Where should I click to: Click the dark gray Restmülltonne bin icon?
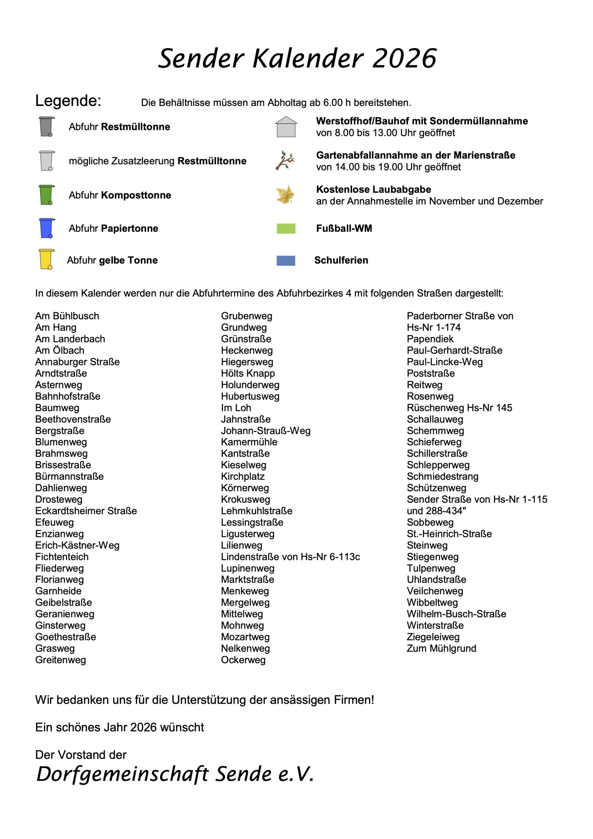click(47, 127)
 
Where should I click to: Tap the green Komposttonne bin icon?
click(47, 195)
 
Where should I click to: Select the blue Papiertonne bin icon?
click(47, 228)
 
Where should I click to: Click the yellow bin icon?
click(46, 260)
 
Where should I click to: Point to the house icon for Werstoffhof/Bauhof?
click(286, 127)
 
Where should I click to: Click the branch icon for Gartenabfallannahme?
click(285, 160)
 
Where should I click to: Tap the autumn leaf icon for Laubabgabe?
click(285, 194)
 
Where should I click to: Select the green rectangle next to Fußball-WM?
click(286, 228)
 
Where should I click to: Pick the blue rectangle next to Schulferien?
click(286, 261)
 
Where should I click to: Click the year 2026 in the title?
click(405, 58)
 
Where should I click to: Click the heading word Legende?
click(68, 101)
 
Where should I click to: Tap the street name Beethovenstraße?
click(73, 419)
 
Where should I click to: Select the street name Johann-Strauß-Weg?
click(266, 430)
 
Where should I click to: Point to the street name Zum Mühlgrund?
click(441, 648)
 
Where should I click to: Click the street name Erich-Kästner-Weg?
click(77, 545)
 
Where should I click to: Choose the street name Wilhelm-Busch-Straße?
click(456, 614)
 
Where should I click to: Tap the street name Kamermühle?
click(249, 442)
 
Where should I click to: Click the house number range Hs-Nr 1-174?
click(434, 327)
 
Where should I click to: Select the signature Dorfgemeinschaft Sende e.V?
click(175, 773)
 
